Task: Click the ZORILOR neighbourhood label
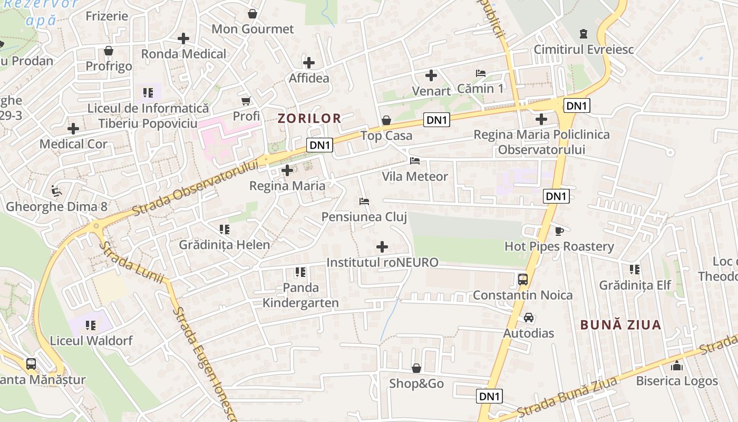pyautogui.click(x=309, y=118)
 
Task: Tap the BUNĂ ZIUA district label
pyautogui.click(x=621, y=325)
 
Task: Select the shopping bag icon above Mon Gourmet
pyautogui.click(x=253, y=13)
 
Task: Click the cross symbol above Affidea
pyautogui.click(x=309, y=63)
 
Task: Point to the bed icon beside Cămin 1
pyautogui.click(x=480, y=73)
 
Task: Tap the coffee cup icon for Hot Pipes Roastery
pyautogui.click(x=559, y=231)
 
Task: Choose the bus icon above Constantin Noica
pyautogui.click(x=523, y=280)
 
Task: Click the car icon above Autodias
pyautogui.click(x=529, y=318)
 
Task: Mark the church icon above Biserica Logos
pyautogui.click(x=677, y=366)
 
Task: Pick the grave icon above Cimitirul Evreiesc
pyautogui.click(x=583, y=34)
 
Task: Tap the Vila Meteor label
pyautogui.click(x=415, y=176)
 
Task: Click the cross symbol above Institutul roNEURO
pyautogui.click(x=382, y=247)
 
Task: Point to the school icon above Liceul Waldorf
pyautogui.click(x=91, y=325)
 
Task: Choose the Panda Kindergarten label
pyautogui.click(x=300, y=295)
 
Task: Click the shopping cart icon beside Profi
pyautogui.click(x=246, y=101)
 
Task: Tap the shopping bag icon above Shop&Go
pyautogui.click(x=416, y=368)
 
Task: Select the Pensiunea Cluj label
pyautogui.click(x=364, y=217)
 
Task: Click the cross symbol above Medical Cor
pyautogui.click(x=73, y=129)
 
